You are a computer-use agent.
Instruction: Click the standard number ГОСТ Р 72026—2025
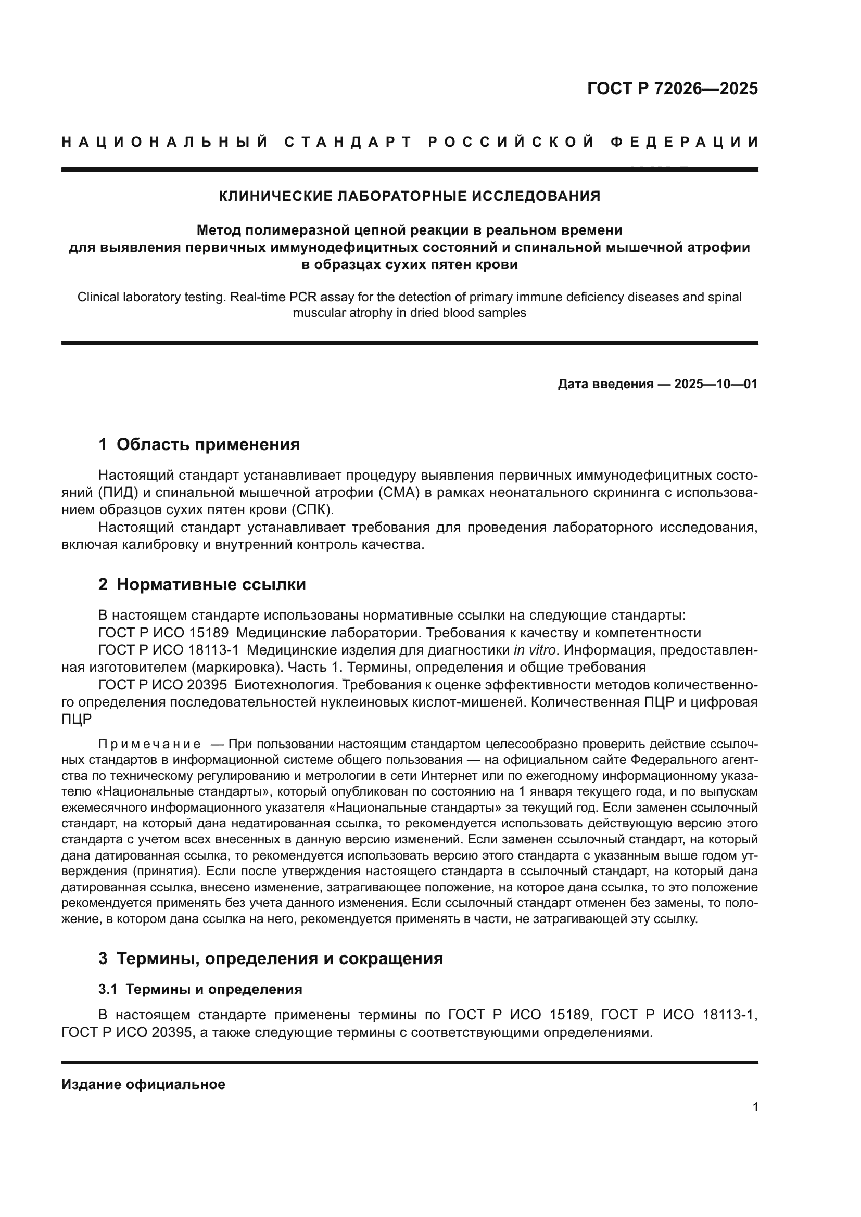[672, 88]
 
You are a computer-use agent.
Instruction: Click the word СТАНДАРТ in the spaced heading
[348, 142]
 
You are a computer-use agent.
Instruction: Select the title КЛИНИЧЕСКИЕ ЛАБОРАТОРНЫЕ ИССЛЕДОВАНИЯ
[409, 196]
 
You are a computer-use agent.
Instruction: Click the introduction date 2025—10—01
[715, 384]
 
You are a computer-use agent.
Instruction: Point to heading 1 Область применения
[199, 444]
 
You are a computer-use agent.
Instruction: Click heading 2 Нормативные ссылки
[202, 585]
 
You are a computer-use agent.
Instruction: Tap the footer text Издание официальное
[143, 1084]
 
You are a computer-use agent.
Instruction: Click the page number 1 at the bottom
[755, 1107]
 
